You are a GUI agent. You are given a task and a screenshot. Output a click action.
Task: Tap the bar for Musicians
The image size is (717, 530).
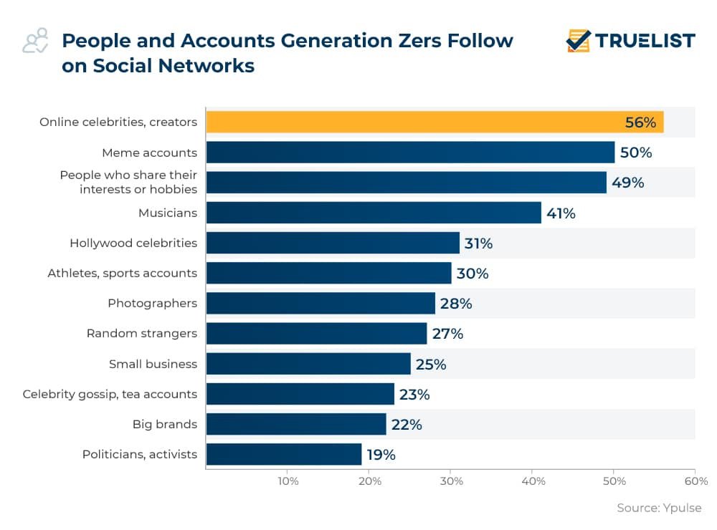tap(374, 213)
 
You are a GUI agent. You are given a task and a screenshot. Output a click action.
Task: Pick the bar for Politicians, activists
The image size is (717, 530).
tap(284, 454)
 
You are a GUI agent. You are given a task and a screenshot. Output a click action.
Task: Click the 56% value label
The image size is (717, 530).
tap(640, 122)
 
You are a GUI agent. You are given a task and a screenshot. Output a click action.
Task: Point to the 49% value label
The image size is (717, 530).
tap(627, 183)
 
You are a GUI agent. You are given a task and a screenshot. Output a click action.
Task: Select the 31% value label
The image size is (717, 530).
tap(478, 244)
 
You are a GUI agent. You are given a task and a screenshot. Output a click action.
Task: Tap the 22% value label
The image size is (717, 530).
tap(407, 425)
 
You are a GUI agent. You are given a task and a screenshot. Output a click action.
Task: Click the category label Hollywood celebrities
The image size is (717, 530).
tap(133, 244)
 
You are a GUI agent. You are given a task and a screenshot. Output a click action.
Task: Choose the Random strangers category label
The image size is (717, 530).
tap(142, 334)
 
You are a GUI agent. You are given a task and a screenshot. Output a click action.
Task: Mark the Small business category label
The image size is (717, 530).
tap(153, 364)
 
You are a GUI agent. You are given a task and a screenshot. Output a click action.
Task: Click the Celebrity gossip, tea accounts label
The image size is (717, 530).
tap(110, 394)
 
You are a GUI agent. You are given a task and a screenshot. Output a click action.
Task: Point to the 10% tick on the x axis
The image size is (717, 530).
tap(288, 481)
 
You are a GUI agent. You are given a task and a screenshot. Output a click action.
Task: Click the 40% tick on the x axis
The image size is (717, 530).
tap(532, 481)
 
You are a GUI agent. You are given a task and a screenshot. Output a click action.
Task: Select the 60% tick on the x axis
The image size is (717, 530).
tap(695, 481)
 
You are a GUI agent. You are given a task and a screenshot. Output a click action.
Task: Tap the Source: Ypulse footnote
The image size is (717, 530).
tap(659, 508)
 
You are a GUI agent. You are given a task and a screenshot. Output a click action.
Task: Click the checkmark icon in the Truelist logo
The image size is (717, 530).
tap(578, 41)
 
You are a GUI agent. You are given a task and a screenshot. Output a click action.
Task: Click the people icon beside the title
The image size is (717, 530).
tap(35, 41)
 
